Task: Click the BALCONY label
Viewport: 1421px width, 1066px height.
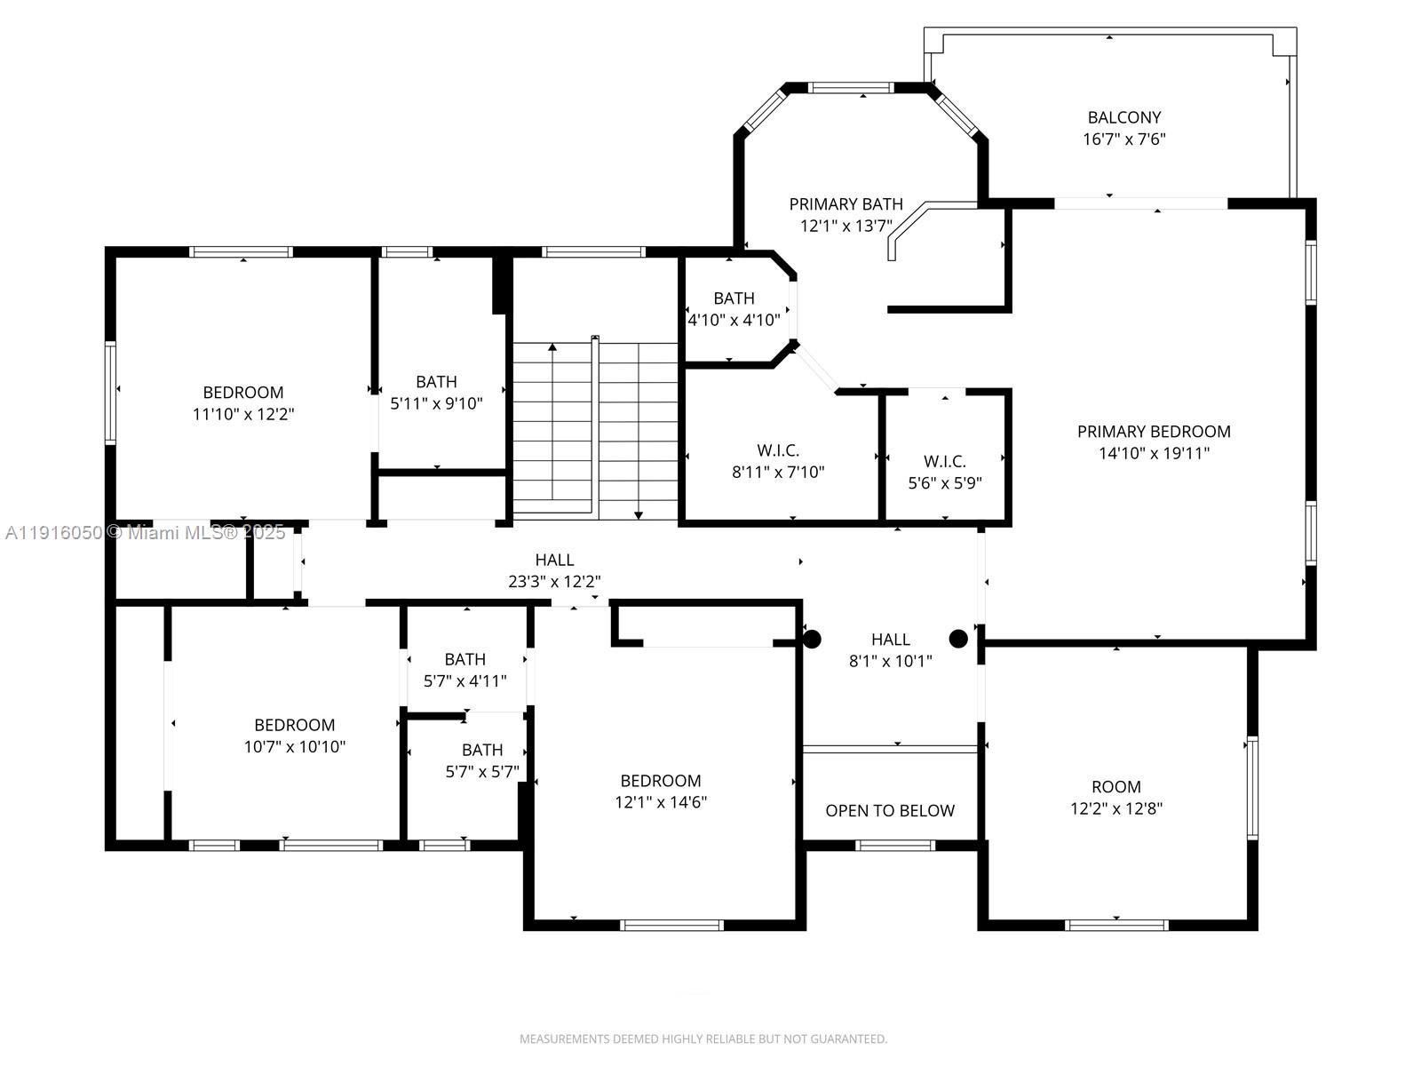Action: tap(1124, 117)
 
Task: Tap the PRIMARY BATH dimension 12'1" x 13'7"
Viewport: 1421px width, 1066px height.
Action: tap(845, 227)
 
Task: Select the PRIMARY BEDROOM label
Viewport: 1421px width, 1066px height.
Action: tap(1154, 432)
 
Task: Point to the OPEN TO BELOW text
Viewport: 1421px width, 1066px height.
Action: tap(890, 811)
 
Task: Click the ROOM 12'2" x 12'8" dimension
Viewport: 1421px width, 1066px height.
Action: tap(1116, 809)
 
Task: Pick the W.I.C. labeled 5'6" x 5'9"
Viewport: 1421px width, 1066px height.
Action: tap(945, 472)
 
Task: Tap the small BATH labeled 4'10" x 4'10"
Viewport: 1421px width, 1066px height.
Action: tap(734, 308)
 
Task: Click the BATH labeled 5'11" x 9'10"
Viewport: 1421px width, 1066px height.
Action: tap(436, 393)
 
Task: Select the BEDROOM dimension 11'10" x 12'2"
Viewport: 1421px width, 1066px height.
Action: tap(243, 415)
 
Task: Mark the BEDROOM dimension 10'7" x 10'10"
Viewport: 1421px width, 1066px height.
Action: tap(295, 747)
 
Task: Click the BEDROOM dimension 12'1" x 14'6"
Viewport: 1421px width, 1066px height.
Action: tap(661, 803)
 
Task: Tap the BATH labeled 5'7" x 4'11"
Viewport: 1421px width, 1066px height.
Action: tap(464, 670)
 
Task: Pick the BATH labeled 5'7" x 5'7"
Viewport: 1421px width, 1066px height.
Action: tap(482, 760)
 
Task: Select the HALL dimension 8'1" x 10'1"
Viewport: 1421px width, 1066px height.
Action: tap(890, 661)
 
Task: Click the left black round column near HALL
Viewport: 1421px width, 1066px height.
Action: tap(812, 639)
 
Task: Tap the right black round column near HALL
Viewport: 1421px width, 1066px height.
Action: tap(958, 638)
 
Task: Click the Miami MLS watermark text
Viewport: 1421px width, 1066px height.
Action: tap(146, 533)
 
